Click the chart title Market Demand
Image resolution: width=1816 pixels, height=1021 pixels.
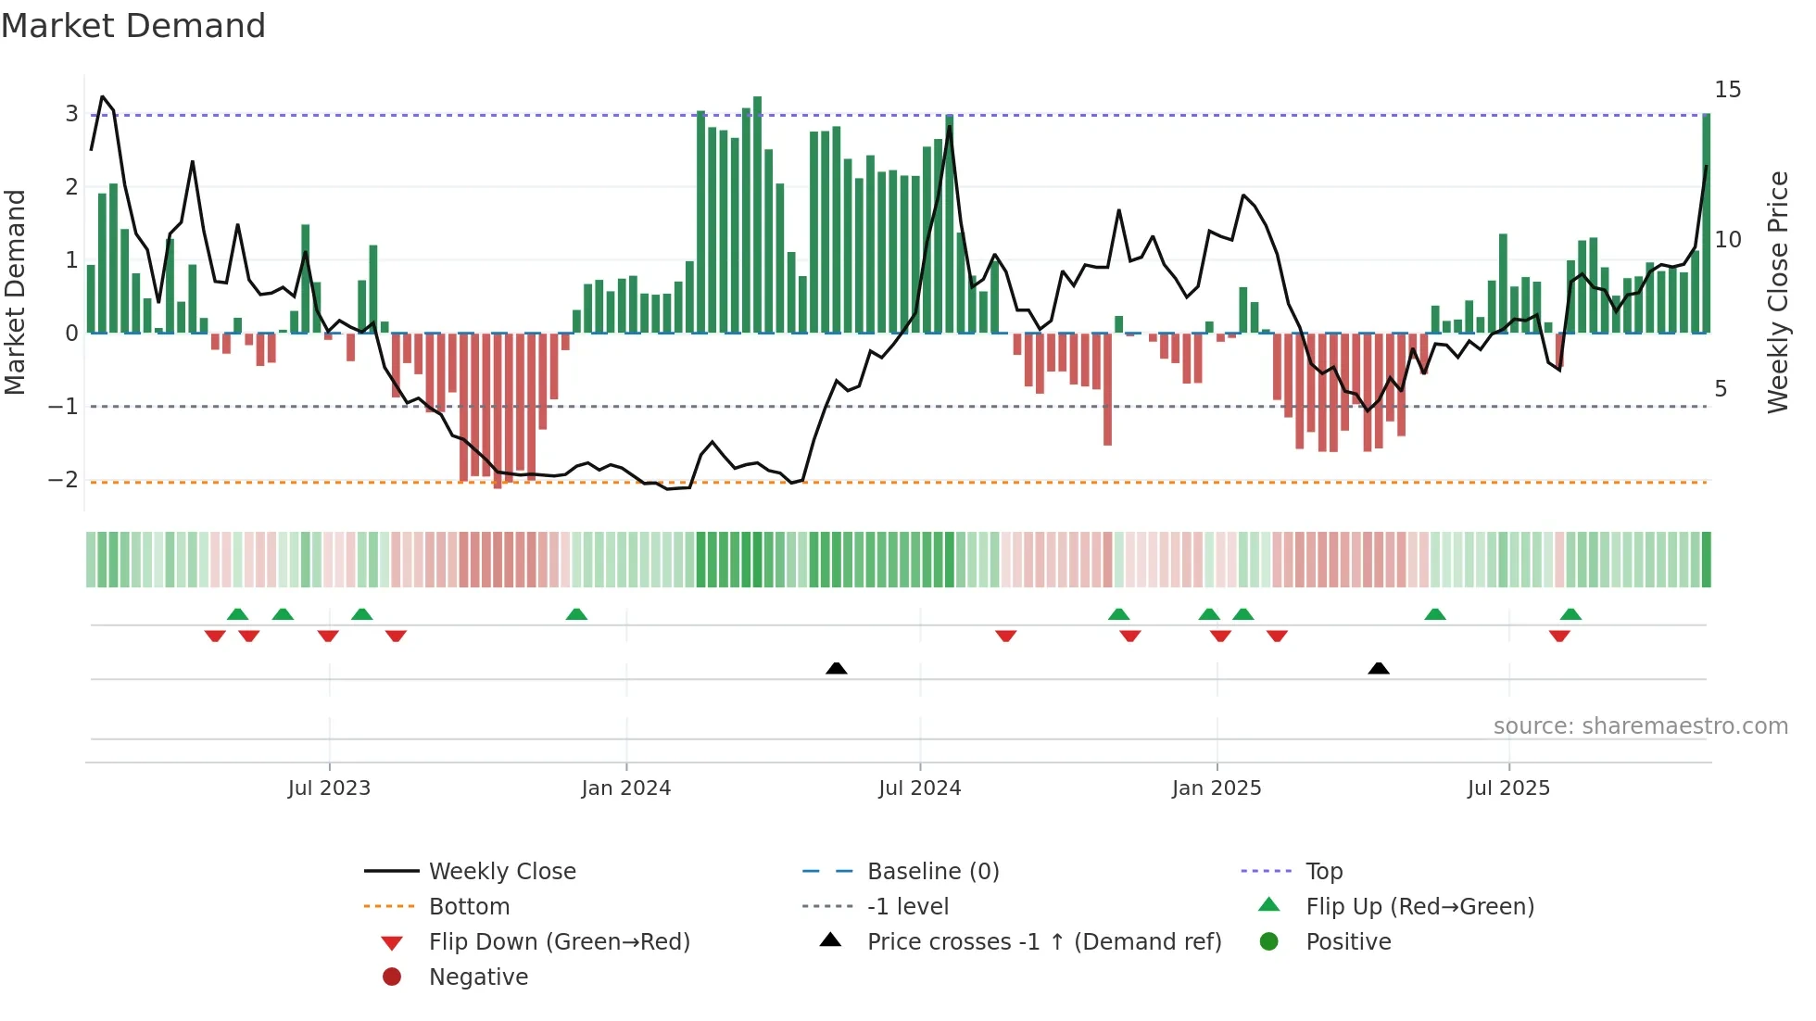click(133, 26)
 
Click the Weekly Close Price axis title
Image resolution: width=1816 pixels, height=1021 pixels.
click(1777, 292)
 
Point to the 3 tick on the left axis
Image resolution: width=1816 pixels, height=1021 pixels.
click(71, 114)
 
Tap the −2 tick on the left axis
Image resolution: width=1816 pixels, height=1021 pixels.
click(64, 480)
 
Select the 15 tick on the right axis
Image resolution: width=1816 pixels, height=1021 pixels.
click(1727, 90)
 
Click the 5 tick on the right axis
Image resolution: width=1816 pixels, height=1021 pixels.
click(1721, 389)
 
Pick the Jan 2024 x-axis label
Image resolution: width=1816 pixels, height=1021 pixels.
click(625, 788)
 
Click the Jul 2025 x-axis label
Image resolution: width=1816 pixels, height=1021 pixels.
click(1507, 788)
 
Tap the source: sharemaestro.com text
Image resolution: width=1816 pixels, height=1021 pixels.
click(1640, 726)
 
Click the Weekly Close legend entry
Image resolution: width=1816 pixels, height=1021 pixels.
click(501, 872)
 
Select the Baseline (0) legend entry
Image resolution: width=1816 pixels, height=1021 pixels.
click(932, 872)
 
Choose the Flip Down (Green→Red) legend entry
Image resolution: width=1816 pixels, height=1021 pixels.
click(559, 942)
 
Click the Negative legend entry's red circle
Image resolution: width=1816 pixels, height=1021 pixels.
click(392, 977)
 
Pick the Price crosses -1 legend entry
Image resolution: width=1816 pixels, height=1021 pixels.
click(1043, 942)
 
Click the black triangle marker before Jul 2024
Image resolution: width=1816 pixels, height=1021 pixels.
click(836, 668)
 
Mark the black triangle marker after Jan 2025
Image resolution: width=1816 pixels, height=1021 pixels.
click(1378, 668)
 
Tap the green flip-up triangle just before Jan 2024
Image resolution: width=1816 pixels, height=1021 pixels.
click(576, 614)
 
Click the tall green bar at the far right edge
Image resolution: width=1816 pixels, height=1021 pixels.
click(1706, 222)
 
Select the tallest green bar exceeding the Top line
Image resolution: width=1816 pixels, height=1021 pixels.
click(757, 213)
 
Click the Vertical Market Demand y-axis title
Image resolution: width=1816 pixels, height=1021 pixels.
click(16, 292)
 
